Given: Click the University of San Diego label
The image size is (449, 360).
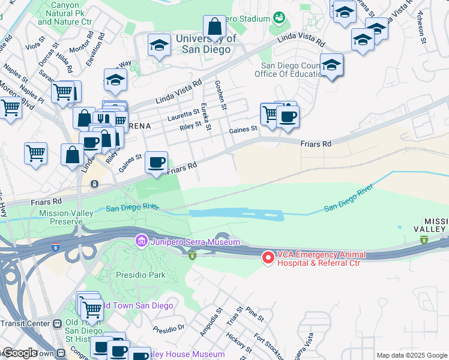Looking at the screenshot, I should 203,44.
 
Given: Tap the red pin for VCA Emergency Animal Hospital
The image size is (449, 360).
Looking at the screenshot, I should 268,257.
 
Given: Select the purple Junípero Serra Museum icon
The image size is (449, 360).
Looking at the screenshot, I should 142,242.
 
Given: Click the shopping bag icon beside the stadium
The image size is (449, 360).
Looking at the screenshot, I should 214,27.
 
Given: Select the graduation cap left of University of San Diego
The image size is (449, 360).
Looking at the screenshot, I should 159,44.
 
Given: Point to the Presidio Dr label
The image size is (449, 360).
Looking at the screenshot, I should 168,329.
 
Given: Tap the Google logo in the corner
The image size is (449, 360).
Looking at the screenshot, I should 19,353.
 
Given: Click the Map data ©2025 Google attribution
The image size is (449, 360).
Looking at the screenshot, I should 411,355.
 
